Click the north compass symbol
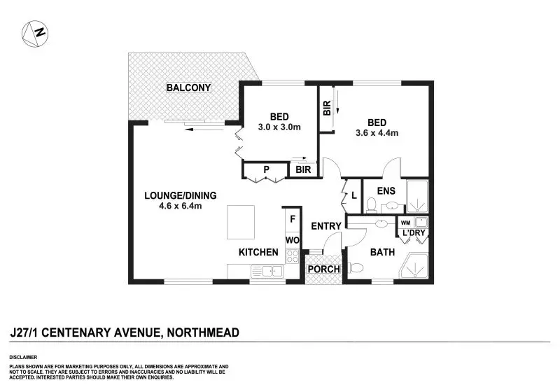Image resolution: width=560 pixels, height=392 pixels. click(35, 34)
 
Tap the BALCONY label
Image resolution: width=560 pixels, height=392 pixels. click(188, 87)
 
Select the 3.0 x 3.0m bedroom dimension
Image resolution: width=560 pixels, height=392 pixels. click(279, 127)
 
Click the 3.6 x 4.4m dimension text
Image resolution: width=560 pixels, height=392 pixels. click(377, 133)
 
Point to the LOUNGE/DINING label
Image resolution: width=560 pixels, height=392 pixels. click(181, 195)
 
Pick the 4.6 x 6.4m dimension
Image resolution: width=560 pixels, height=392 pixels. click(181, 206)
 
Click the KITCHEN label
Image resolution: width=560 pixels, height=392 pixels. click(258, 253)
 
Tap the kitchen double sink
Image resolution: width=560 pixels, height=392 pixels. click(267, 272)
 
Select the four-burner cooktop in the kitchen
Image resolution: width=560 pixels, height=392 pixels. click(293, 256)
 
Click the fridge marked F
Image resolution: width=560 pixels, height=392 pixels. click(293, 219)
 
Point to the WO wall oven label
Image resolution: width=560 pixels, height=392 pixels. click(293, 240)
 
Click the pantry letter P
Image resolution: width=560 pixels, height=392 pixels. click(266, 170)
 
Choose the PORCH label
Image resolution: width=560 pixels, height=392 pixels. click(324, 269)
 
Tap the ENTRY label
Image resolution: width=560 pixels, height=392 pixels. click(326, 226)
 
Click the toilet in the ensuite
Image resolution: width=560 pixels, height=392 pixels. click(372, 205)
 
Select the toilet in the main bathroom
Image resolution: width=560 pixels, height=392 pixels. click(356, 267)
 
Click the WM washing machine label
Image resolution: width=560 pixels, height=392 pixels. click(405, 223)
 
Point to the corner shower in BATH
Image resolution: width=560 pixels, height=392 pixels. click(414, 266)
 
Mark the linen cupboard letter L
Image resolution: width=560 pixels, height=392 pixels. click(354, 195)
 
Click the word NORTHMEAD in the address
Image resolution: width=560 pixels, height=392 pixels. click(203, 332)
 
